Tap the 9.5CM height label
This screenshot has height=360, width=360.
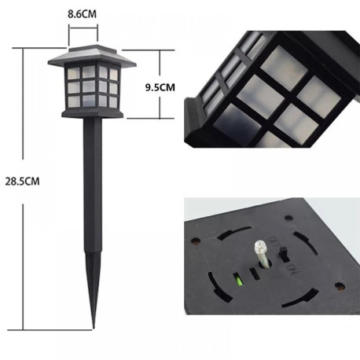pos(161,87)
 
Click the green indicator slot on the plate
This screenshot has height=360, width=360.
pos(235,276)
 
